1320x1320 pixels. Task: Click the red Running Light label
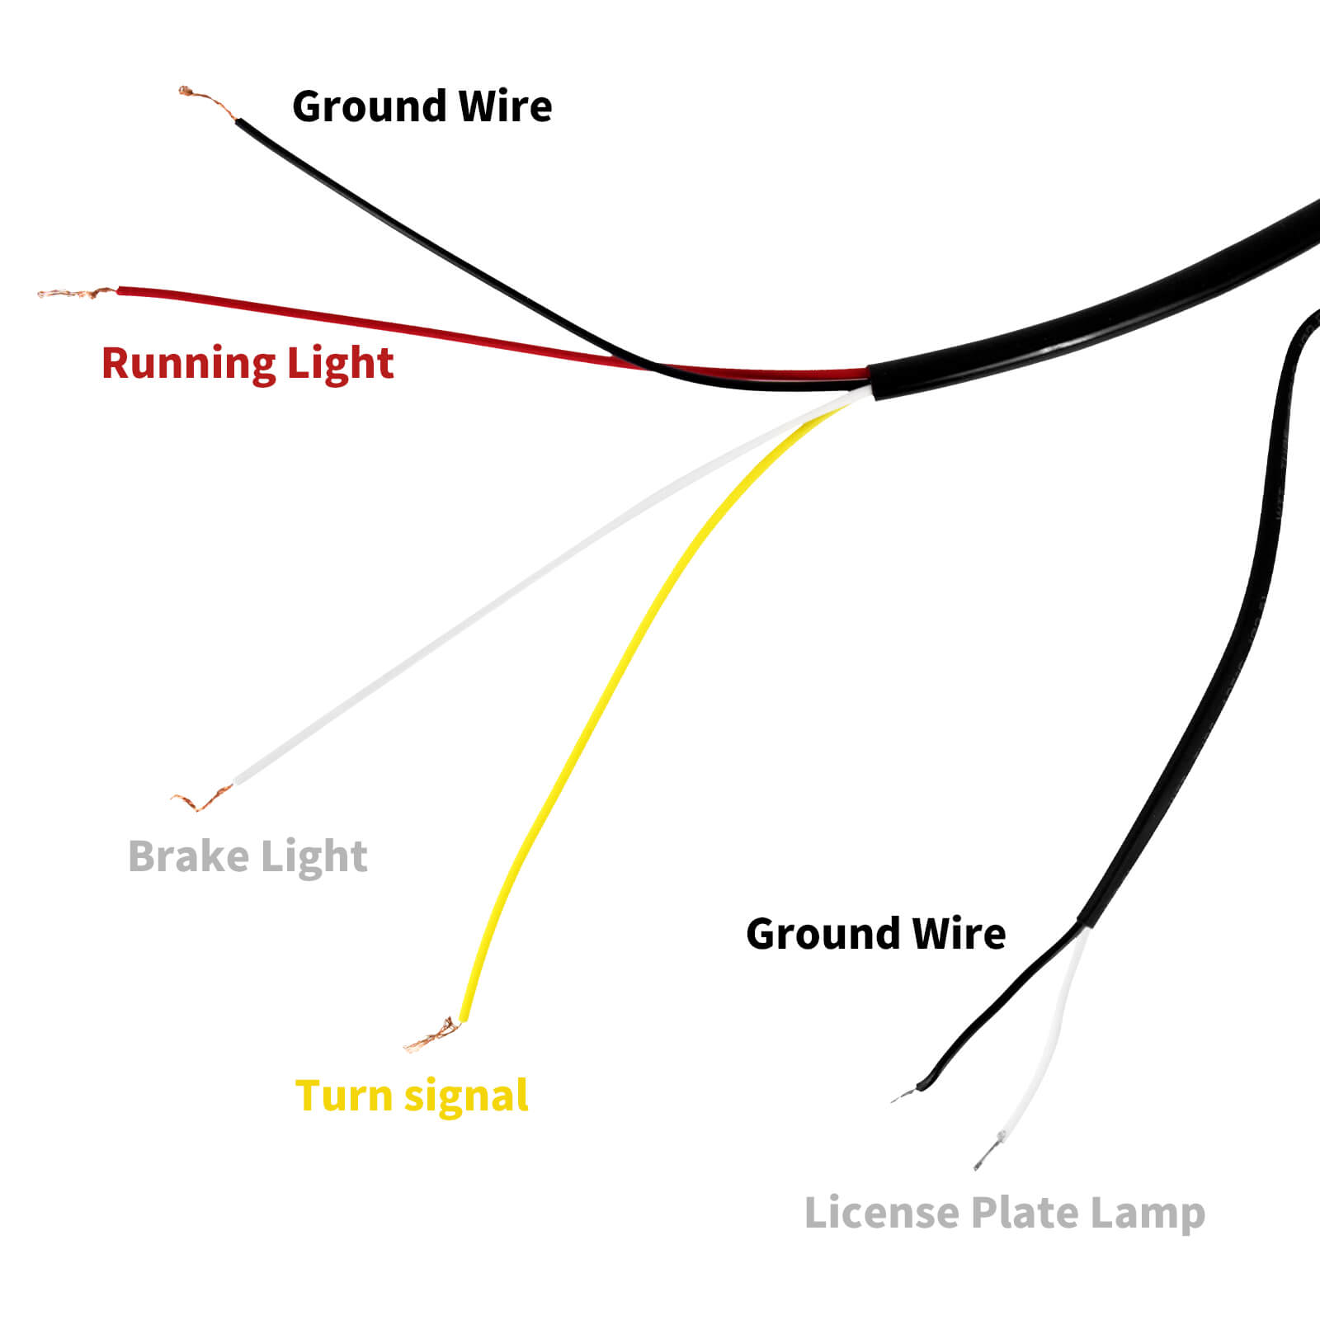click(247, 364)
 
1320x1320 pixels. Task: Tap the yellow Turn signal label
click(412, 1096)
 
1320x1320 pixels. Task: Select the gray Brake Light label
click(247, 856)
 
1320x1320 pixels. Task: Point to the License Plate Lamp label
click(1004, 1214)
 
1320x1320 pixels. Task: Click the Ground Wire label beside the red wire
click(422, 107)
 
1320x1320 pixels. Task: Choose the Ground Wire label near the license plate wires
click(875, 934)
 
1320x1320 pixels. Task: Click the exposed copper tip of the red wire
click(74, 293)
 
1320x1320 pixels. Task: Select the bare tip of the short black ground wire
click(905, 1095)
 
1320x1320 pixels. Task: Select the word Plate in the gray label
click(1024, 1213)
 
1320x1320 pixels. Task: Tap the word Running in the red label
click(188, 364)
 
